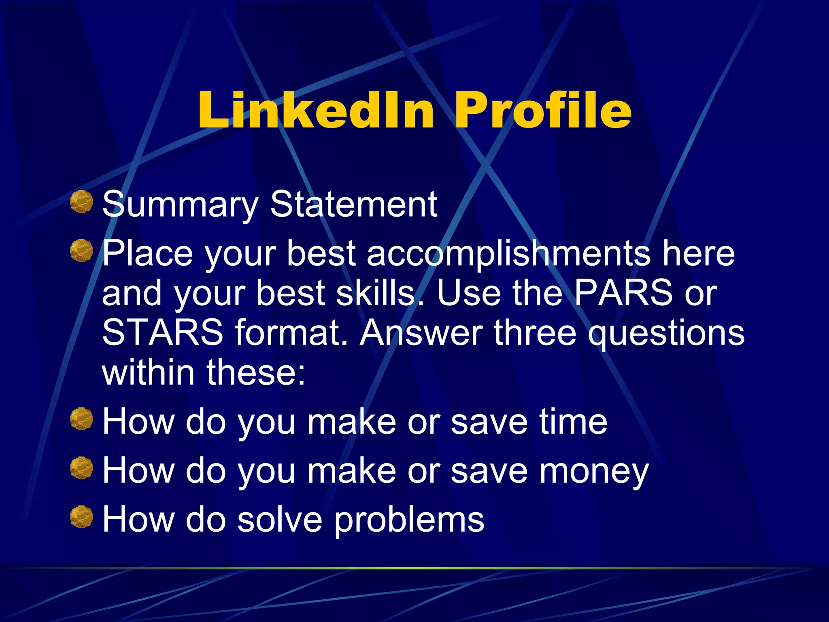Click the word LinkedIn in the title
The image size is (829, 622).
coord(316,110)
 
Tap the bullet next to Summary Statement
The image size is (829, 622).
coord(82,202)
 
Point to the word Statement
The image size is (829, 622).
coord(353,204)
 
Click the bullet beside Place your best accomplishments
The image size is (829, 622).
coord(82,251)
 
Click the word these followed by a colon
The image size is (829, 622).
coord(256,373)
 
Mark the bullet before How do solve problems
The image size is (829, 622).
coord(82,517)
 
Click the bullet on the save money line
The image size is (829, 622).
coord(82,468)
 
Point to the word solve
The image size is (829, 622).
coord(280,520)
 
